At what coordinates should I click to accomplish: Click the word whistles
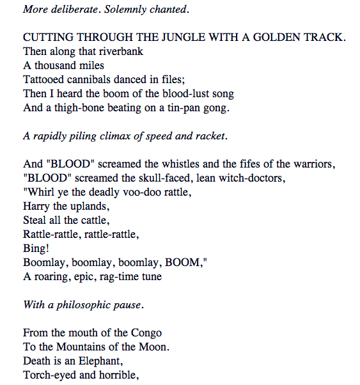click(x=154, y=164)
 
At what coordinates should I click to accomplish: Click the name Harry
click(x=36, y=206)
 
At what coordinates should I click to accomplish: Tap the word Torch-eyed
click(x=49, y=375)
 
